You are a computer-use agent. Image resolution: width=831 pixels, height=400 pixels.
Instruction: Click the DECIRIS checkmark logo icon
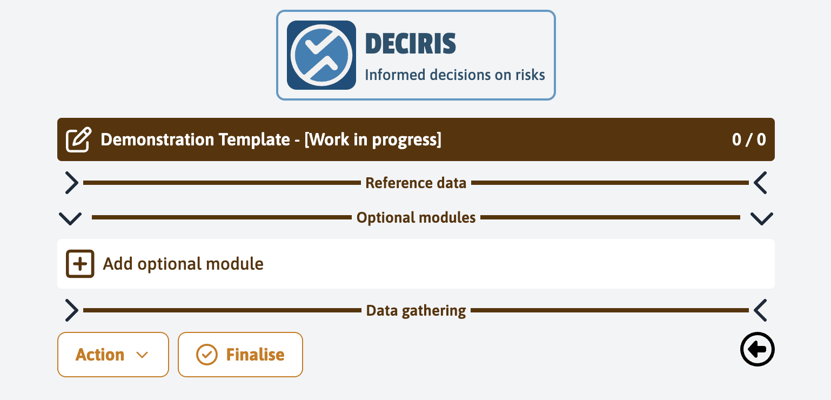pyautogui.click(x=321, y=55)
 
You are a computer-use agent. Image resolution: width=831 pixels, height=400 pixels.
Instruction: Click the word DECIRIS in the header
pyautogui.click(x=410, y=44)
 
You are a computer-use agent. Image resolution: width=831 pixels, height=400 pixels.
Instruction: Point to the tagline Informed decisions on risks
pyautogui.click(x=455, y=75)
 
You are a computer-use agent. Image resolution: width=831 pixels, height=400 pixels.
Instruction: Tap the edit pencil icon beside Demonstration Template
pyautogui.click(x=78, y=140)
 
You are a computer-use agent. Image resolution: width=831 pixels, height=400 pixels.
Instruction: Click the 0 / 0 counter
pyautogui.click(x=749, y=140)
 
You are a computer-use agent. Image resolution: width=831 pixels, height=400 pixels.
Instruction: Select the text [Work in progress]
pyautogui.click(x=373, y=140)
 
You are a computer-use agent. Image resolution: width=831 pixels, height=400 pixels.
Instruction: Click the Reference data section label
pyautogui.click(x=415, y=183)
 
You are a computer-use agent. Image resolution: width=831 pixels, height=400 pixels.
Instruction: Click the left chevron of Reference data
pyautogui.click(x=71, y=183)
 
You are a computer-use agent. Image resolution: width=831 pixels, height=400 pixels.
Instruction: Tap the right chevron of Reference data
pyautogui.click(x=760, y=183)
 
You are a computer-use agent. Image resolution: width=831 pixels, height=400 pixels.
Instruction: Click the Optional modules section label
pyautogui.click(x=416, y=218)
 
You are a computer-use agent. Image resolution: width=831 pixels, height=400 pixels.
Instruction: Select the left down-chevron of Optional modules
pyautogui.click(x=70, y=218)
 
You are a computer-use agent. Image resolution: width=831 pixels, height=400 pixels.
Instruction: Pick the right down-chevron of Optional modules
pyautogui.click(x=761, y=218)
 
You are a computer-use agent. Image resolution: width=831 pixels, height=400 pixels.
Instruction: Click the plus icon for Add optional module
pyautogui.click(x=80, y=264)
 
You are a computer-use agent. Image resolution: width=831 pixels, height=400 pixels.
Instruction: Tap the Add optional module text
pyautogui.click(x=183, y=264)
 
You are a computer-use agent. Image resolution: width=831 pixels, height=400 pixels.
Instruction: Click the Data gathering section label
pyautogui.click(x=416, y=311)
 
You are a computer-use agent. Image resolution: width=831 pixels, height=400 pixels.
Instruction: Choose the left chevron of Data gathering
pyautogui.click(x=71, y=311)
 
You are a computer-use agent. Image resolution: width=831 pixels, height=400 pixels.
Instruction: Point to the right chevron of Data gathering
pyautogui.click(x=760, y=311)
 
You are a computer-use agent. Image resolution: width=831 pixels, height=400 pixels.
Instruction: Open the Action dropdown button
pyautogui.click(x=113, y=355)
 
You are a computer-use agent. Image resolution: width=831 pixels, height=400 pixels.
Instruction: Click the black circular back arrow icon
pyautogui.click(x=757, y=350)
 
